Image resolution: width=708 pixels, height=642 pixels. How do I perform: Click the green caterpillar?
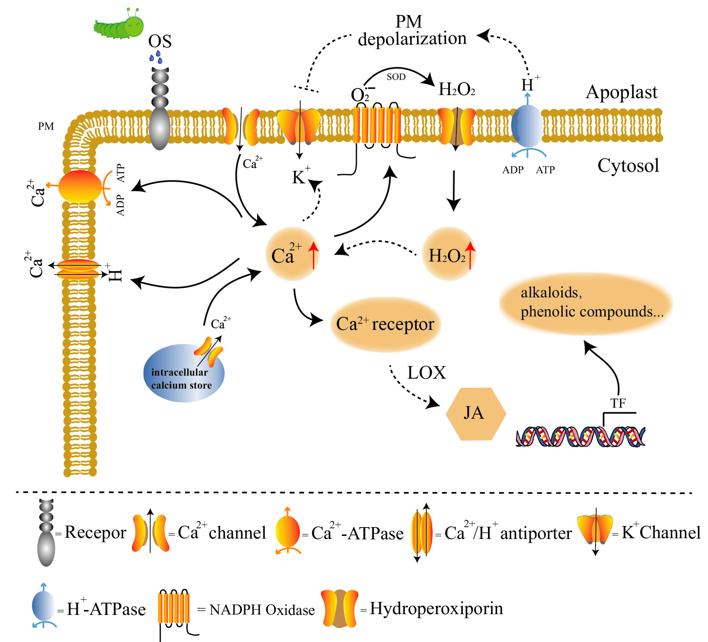[x=119, y=24]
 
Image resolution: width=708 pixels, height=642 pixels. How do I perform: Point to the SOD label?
[x=396, y=77]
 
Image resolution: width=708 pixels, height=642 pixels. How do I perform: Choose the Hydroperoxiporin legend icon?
[x=340, y=608]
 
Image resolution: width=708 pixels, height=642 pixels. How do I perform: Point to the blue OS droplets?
[x=156, y=57]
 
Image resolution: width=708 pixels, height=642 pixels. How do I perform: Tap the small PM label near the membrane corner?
[x=46, y=126]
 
